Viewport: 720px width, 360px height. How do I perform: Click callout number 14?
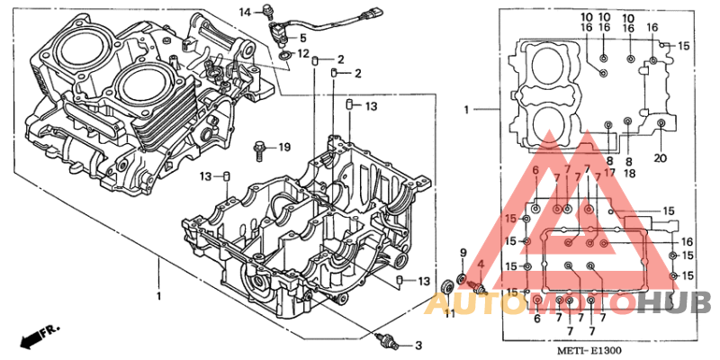247,11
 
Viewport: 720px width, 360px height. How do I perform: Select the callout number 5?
302,38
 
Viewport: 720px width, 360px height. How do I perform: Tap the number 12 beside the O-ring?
303,54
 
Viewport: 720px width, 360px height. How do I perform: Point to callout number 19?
284,147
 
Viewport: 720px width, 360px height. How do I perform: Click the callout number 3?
417,346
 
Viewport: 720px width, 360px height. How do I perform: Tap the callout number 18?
629,173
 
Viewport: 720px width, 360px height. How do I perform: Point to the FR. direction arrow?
33,337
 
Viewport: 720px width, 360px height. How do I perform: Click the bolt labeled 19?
261,147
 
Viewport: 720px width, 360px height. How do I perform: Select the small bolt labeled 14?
266,12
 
